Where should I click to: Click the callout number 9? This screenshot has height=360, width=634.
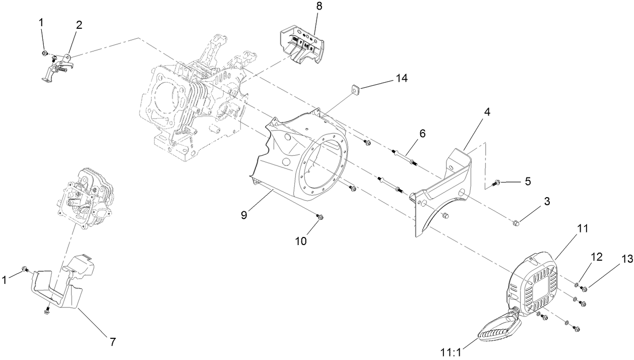click(x=243, y=214)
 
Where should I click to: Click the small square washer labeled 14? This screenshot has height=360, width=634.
click(x=356, y=89)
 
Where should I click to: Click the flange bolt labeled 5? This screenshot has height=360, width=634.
click(x=497, y=182)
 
